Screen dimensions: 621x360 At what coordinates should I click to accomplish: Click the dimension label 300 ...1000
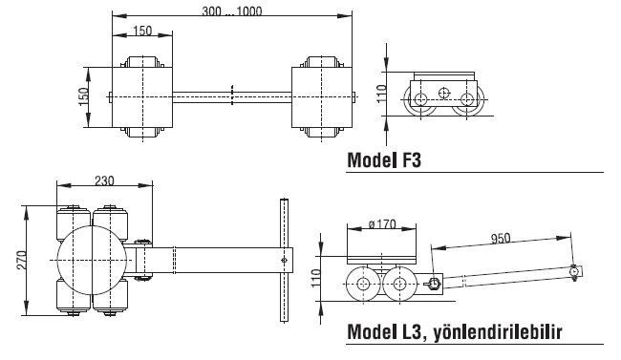[232, 11]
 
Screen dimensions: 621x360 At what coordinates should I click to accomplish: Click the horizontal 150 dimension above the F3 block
[142, 31]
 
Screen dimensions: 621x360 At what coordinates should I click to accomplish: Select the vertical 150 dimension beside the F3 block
[83, 97]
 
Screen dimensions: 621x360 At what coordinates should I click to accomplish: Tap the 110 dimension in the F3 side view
[381, 94]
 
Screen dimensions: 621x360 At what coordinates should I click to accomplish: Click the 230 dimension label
[104, 180]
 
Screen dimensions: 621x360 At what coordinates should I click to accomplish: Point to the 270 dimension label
[22, 260]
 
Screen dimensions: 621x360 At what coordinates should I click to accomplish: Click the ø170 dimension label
[382, 224]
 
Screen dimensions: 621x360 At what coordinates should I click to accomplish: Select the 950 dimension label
[501, 239]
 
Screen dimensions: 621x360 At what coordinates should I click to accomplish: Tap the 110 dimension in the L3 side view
[315, 278]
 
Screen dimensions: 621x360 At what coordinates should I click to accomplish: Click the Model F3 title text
[384, 160]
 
